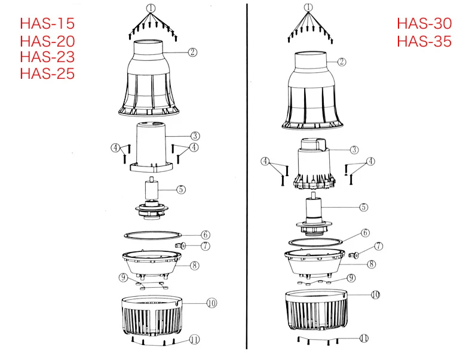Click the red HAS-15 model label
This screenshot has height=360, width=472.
(47, 24)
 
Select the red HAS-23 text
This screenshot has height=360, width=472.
(47, 57)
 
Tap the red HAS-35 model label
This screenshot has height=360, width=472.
(424, 41)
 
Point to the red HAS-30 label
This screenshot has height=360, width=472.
(424, 24)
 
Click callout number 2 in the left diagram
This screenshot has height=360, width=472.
(192, 53)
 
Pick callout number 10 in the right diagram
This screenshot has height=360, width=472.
(375, 294)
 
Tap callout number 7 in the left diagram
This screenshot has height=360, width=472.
(206, 246)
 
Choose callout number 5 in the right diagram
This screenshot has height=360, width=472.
(364, 207)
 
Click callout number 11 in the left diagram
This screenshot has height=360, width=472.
(194, 340)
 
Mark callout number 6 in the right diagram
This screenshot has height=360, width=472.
(365, 233)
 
